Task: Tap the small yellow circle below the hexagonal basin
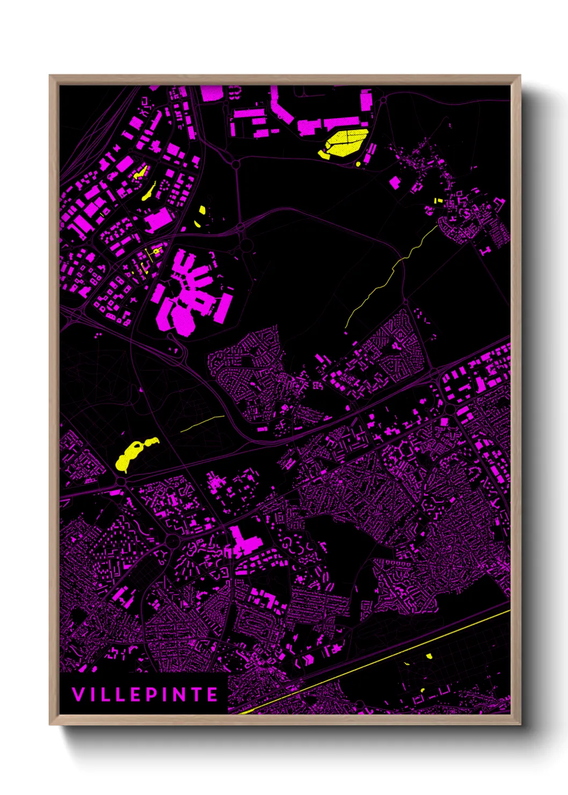click(x=358, y=163)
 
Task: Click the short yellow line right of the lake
click(x=202, y=424)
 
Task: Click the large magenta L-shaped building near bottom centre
click(x=244, y=543)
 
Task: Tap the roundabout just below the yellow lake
click(x=121, y=481)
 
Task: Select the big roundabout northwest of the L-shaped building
click(x=172, y=539)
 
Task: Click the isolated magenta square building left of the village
click(x=395, y=183)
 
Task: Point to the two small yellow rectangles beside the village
click(x=438, y=201)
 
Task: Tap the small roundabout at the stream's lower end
click(x=406, y=302)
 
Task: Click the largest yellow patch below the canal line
click(x=429, y=656)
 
